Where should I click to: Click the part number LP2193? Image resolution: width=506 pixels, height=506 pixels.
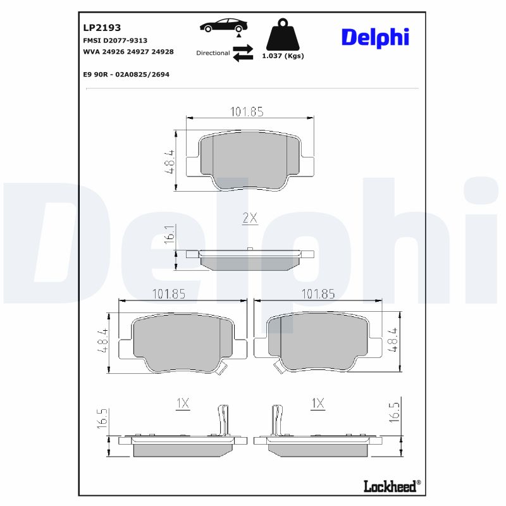pos(102,28)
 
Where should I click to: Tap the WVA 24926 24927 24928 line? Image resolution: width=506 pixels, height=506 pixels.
pos(128,51)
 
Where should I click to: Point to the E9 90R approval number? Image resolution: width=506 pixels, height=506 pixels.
pos(126,74)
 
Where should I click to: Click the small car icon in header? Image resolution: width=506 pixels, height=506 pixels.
pos(223,26)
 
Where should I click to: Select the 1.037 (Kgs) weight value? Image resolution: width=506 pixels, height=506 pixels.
pos(283,56)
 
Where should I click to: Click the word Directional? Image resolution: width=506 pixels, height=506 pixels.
pos(213,53)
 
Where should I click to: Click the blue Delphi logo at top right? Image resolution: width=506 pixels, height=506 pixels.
pos(375,37)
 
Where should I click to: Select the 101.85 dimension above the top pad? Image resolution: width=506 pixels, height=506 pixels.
pos(246,112)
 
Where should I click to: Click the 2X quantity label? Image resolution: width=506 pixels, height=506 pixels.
pos(250,218)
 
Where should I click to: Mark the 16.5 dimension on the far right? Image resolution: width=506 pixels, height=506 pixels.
pos(395,412)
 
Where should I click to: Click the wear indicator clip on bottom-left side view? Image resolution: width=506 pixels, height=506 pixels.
pos(221,421)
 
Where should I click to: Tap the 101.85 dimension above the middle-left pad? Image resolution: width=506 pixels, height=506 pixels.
pos(169,294)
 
